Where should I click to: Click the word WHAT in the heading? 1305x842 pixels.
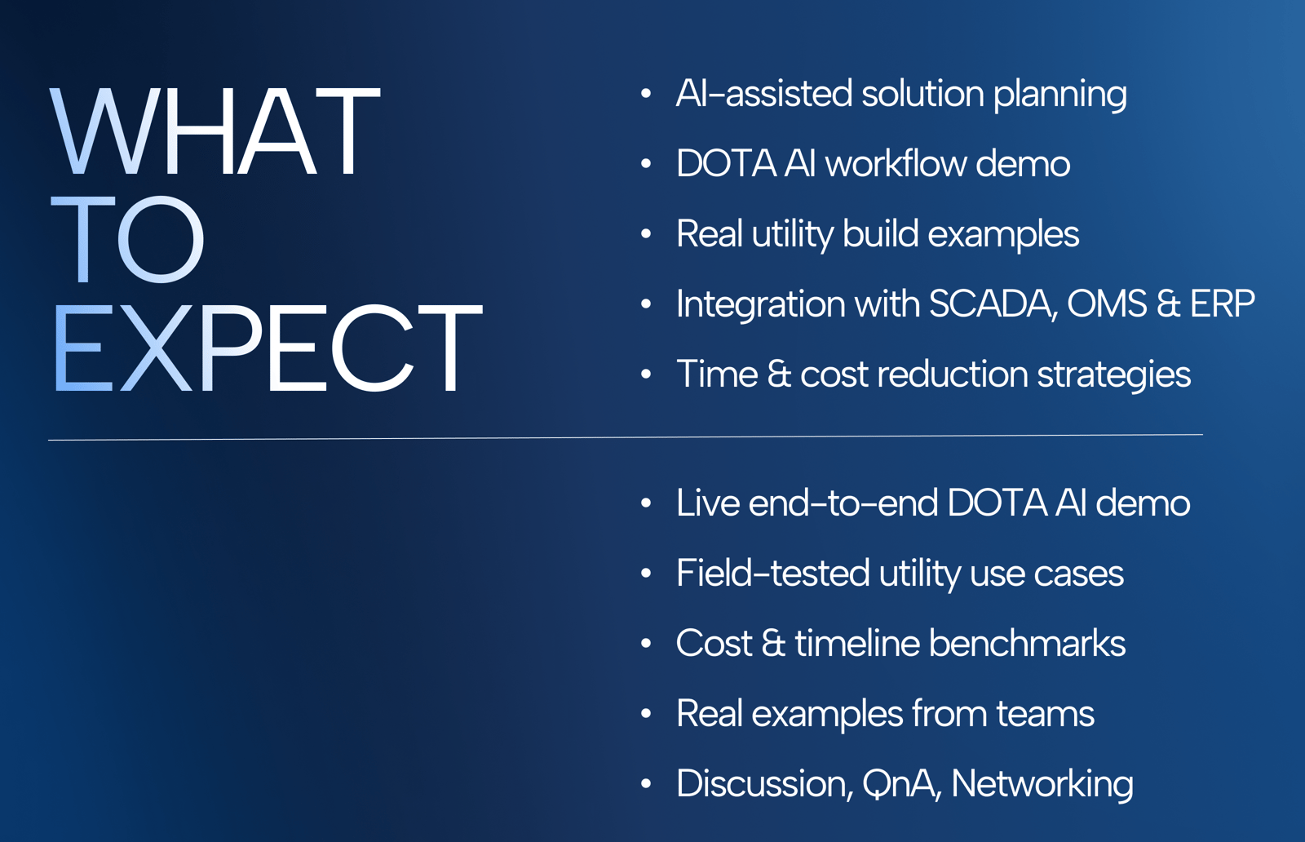pos(215,131)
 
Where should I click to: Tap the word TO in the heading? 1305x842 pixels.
pos(127,239)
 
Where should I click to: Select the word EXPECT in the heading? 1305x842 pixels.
pos(268,348)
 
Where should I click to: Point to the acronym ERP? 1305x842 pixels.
pos(1223,304)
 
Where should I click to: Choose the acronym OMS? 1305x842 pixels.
pos(1107,304)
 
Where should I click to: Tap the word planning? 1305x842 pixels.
pos(1059,95)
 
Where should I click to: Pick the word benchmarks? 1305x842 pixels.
pos(1027,643)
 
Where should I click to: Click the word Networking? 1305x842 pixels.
pos(1042,784)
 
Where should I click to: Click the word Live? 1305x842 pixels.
pos(708,503)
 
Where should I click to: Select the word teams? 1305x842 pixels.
pos(1045,714)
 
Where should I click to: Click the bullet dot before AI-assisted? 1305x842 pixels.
pos(645,94)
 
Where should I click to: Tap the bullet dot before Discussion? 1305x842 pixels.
pos(645,784)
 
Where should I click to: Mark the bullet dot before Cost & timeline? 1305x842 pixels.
pos(645,643)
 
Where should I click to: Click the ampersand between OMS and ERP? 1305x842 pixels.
pos(1168,304)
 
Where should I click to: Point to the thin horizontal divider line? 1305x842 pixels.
pos(625,437)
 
